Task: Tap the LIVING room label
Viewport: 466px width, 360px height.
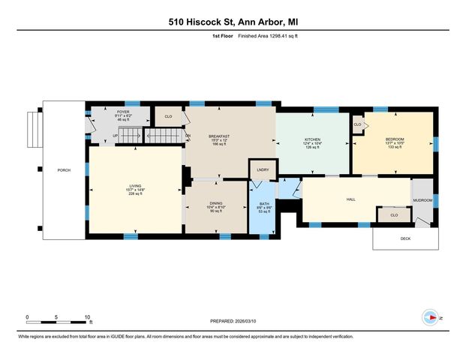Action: (135, 186)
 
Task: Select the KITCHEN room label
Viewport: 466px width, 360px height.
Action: (312, 139)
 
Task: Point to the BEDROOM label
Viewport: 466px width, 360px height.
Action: (395, 139)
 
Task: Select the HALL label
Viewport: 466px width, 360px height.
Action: (350, 199)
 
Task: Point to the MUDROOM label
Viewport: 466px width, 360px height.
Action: (422, 200)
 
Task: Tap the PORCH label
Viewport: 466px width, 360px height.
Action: (64, 170)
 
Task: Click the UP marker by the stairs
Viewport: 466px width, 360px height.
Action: (116, 136)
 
